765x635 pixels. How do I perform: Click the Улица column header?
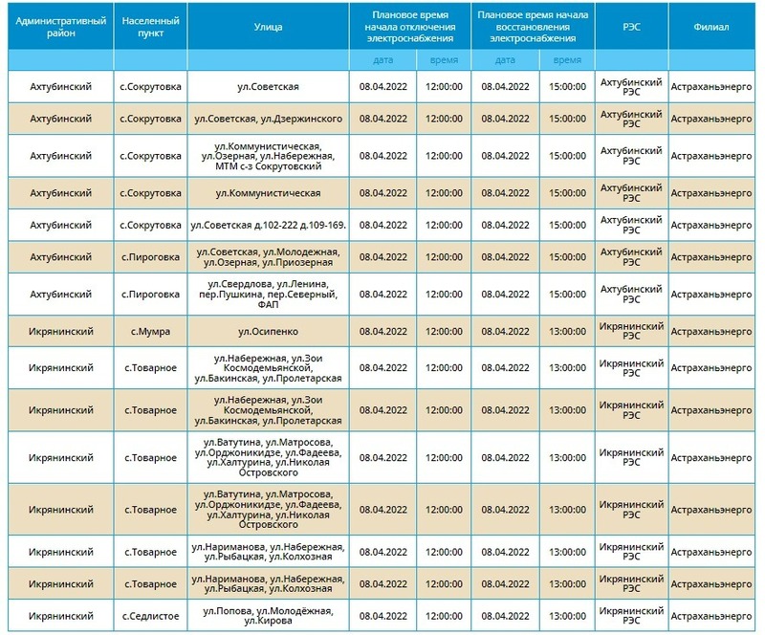(270, 27)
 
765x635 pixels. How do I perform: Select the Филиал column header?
(712, 27)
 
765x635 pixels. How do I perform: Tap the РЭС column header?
(631, 27)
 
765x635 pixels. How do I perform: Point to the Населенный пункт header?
(150, 27)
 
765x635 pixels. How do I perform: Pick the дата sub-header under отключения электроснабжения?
(382, 59)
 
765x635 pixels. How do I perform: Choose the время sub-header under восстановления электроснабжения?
(568, 59)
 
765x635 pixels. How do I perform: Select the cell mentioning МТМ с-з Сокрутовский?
(270, 156)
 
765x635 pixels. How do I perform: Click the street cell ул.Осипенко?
(270, 330)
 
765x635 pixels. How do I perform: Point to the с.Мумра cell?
(150, 330)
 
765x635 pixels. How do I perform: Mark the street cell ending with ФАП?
(270, 296)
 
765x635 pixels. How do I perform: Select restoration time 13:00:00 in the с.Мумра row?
(568, 330)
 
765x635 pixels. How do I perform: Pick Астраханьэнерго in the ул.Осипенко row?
(712, 330)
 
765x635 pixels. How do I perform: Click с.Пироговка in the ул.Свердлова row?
(150, 296)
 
